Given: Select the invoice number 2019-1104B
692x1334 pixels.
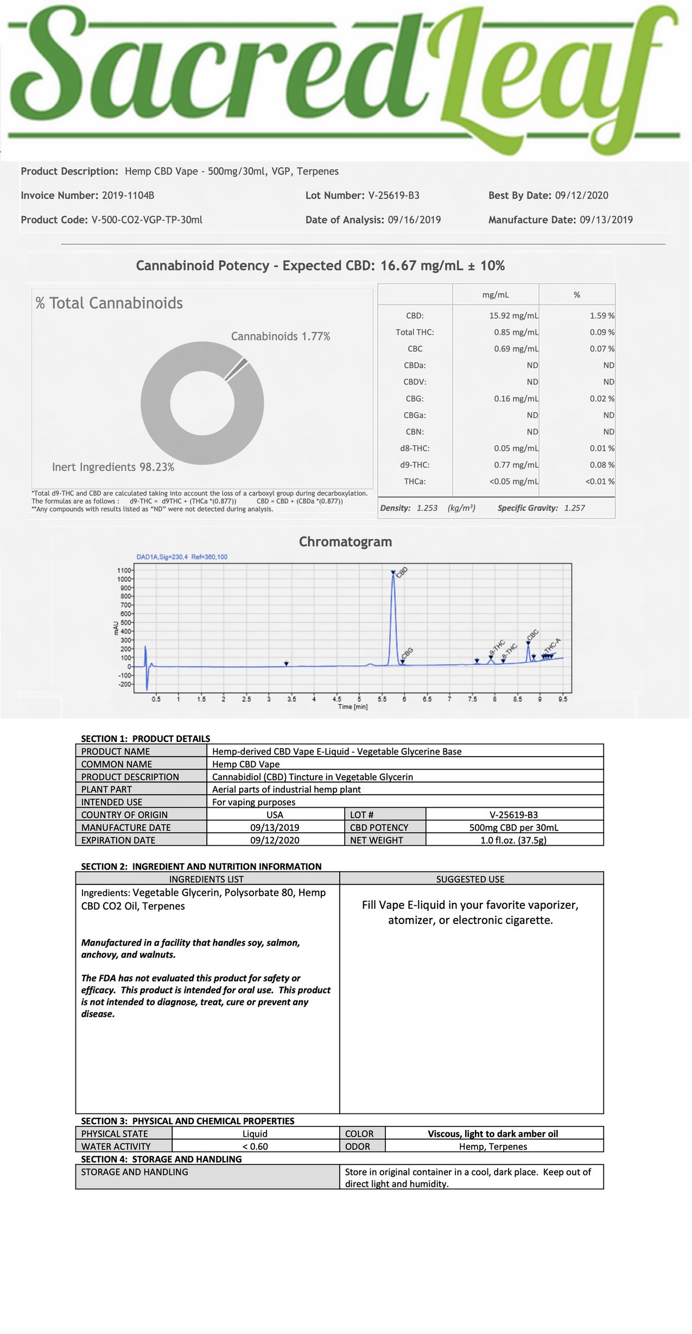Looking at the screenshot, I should (128, 196).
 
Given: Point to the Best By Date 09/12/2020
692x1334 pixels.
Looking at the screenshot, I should (581, 196).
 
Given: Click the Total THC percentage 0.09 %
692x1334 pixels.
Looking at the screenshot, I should (602, 332).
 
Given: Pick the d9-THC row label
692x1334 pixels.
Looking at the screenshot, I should (415, 465).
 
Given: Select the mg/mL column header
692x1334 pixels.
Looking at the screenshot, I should (496, 295).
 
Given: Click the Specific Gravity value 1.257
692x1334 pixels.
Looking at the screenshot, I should (574, 508).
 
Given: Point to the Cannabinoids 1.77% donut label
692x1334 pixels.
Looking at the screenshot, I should (281, 336).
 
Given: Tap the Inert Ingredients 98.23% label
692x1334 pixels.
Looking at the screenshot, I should (113, 467).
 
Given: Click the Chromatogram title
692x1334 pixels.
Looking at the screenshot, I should (345, 542).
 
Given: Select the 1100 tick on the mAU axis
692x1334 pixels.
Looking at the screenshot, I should (124, 570).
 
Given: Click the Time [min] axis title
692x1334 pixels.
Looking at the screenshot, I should (353, 707).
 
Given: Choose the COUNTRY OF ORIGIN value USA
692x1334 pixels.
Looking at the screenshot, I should (275, 815).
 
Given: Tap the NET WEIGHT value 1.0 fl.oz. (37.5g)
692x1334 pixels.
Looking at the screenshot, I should (513, 840).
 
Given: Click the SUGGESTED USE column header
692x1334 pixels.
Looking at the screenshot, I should (470, 879).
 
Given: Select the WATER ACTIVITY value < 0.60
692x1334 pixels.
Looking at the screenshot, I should (255, 1146).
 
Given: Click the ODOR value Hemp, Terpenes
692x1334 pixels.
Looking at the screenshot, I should (493, 1146).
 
